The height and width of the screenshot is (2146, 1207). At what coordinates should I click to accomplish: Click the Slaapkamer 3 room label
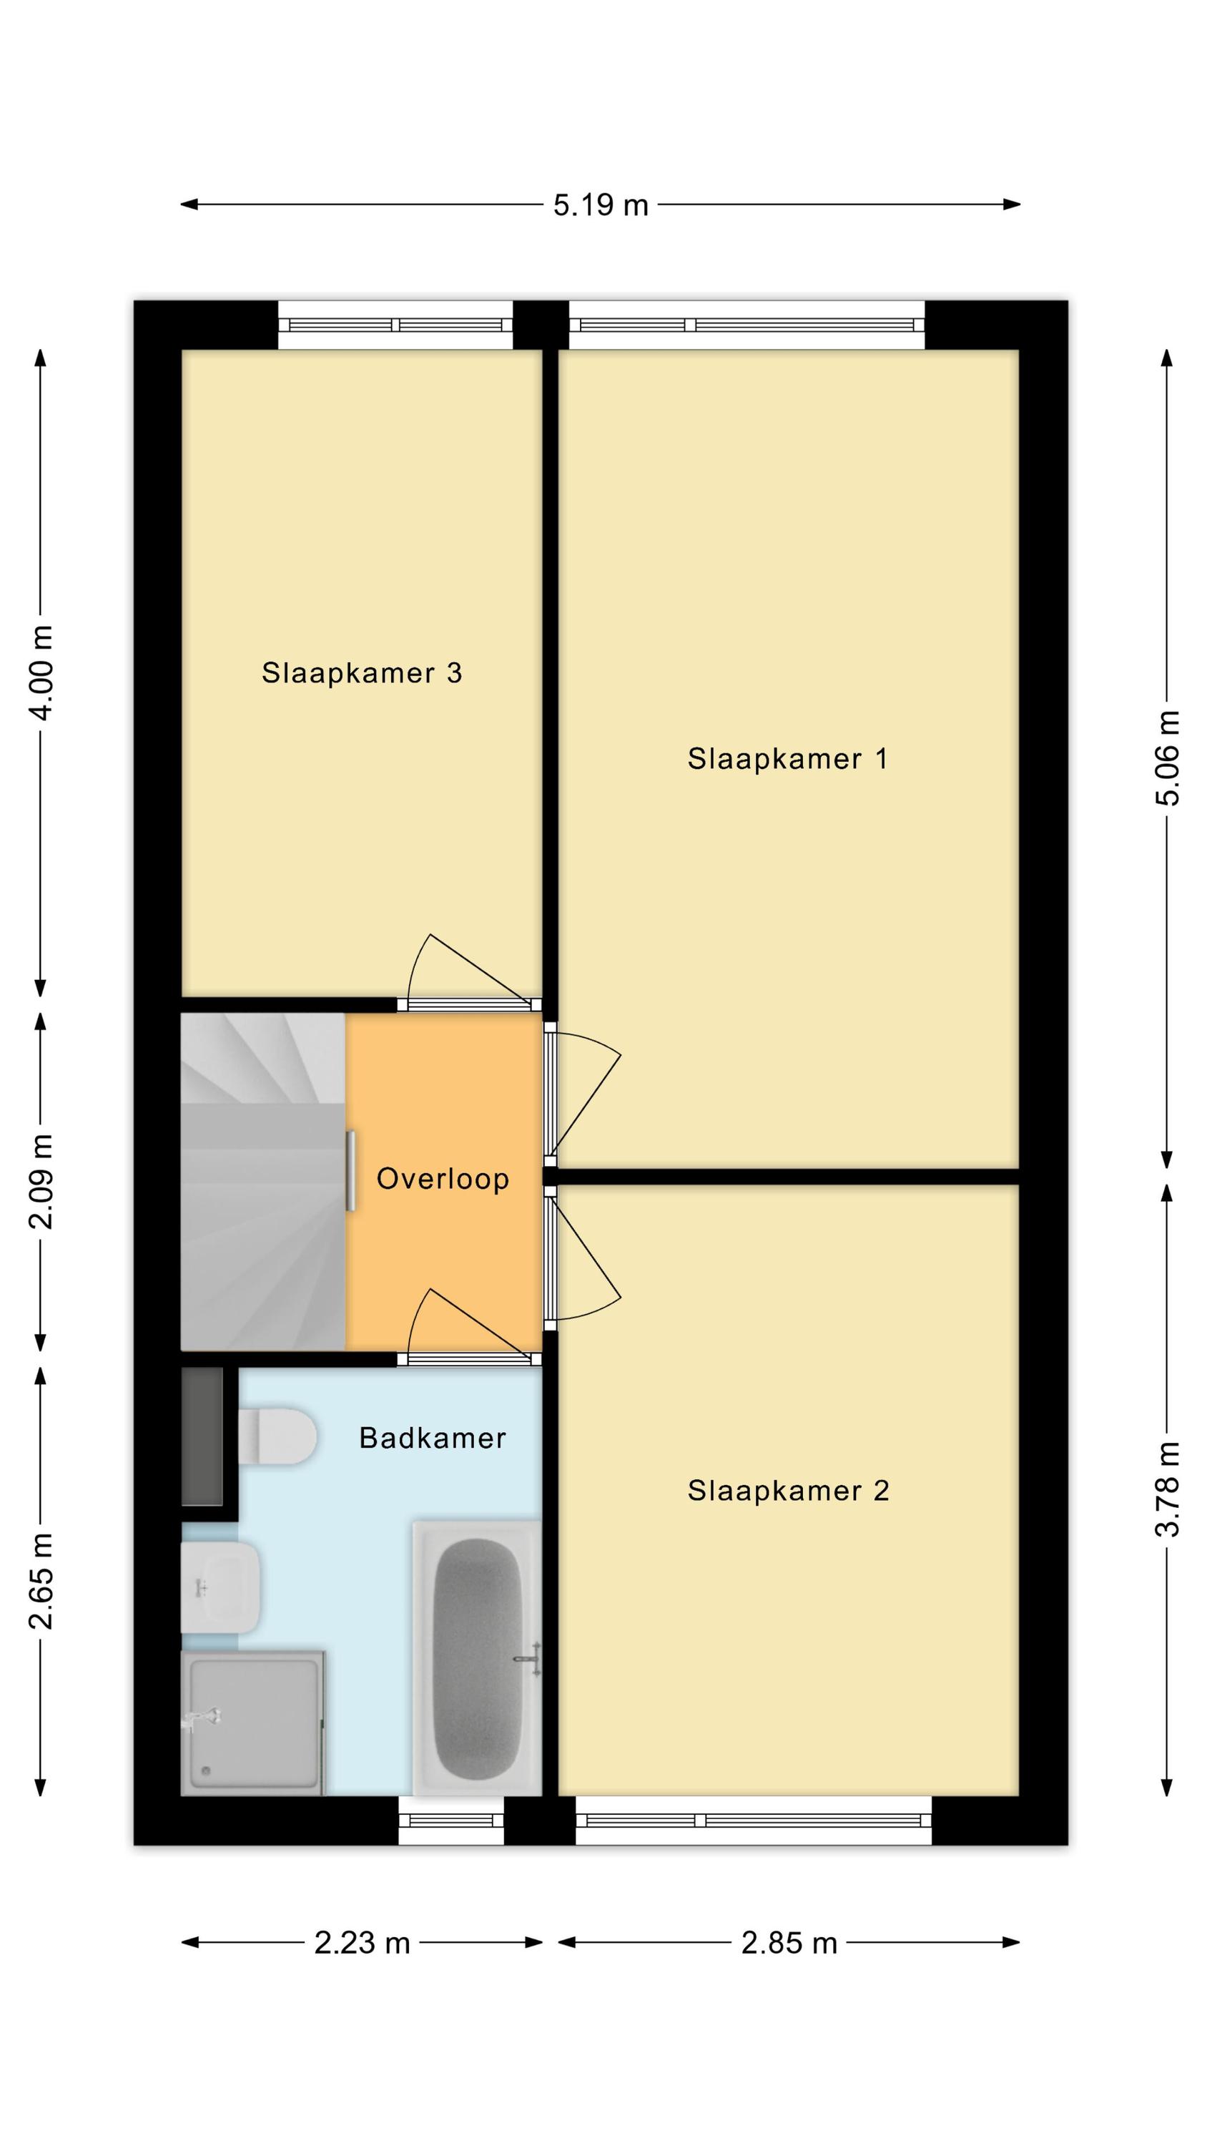(x=362, y=672)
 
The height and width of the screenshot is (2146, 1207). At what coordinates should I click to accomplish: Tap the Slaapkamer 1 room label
(x=787, y=758)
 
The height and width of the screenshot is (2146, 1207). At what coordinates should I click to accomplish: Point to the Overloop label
(x=443, y=1178)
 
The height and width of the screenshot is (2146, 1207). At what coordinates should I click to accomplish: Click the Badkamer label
(x=433, y=1438)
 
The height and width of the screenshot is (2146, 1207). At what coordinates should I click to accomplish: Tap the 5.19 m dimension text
(x=601, y=205)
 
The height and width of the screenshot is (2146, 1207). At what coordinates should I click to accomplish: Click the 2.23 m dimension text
(x=363, y=1943)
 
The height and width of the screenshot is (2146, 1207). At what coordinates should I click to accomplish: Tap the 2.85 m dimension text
(x=789, y=1943)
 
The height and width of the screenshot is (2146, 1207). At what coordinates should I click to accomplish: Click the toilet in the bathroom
(x=277, y=1436)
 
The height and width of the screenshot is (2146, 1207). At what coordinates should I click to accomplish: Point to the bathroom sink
(x=221, y=1588)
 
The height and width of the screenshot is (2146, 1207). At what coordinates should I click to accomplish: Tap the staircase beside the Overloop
(x=263, y=1181)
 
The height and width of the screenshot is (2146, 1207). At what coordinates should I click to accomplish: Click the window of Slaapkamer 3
(x=395, y=325)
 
